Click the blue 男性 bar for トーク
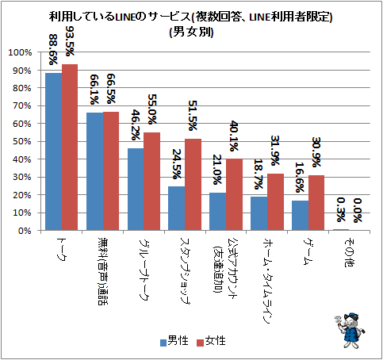pyautogui.click(x=54, y=151)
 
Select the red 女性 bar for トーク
pyautogui.click(x=70, y=147)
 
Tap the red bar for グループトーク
pyautogui.click(x=152, y=182)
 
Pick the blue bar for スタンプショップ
pyautogui.click(x=177, y=209)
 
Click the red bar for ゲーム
pyautogui.click(x=316, y=203)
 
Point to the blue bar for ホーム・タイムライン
pyautogui.click(x=259, y=213)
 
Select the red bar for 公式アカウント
pyautogui.click(x=234, y=194)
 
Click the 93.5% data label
pyautogui.click(x=70, y=41)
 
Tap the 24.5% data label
pyautogui.click(x=177, y=164)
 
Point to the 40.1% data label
pyautogui.click(x=234, y=136)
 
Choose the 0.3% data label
pyautogui.click(x=341, y=209)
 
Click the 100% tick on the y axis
pyautogui.click(x=20, y=52)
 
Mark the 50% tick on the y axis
pyautogui.click(x=22, y=141)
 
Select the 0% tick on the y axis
pyautogui.click(x=25, y=231)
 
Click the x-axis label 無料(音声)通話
pyautogui.click(x=103, y=271)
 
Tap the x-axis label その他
pyautogui.click(x=350, y=252)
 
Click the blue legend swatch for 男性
pyautogui.click(x=163, y=343)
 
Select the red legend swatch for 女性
pyautogui.click(x=200, y=343)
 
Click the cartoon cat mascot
pyautogui.click(x=350, y=331)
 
